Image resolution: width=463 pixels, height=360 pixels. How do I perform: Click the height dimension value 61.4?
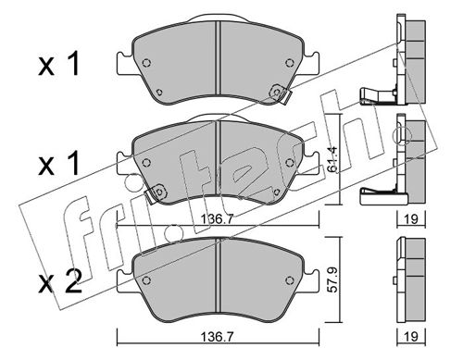tap(333, 158)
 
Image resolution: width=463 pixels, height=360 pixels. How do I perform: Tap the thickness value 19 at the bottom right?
tap(410, 337)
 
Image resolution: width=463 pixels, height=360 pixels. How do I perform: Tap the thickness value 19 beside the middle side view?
tap(410, 219)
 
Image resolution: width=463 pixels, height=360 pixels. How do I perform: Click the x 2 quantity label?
tap(60, 281)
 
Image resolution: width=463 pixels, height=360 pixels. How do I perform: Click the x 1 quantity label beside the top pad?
tap(58, 64)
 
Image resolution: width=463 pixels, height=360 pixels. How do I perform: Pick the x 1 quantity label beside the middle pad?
tap(58, 163)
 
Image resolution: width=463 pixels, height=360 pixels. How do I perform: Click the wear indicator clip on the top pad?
tap(280, 94)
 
